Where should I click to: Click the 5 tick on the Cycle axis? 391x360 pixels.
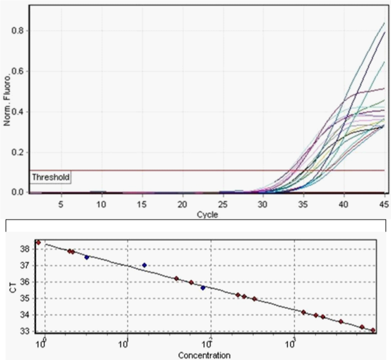(x=60, y=204)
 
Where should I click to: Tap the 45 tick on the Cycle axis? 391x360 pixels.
(x=384, y=204)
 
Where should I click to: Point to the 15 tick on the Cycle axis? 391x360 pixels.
(x=142, y=204)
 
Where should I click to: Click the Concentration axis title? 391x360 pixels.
(x=204, y=356)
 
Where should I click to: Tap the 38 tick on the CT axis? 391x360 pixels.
(x=26, y=248)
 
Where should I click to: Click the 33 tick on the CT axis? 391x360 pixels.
(x=26, y=331)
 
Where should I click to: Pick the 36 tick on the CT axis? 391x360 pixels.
(x=26, y=281)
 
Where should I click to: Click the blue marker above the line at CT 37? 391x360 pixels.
(x=144, y=265)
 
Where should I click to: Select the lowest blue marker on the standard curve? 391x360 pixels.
(x=203, y=288)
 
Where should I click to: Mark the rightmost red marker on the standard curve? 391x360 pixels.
(x=373, y=331)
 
